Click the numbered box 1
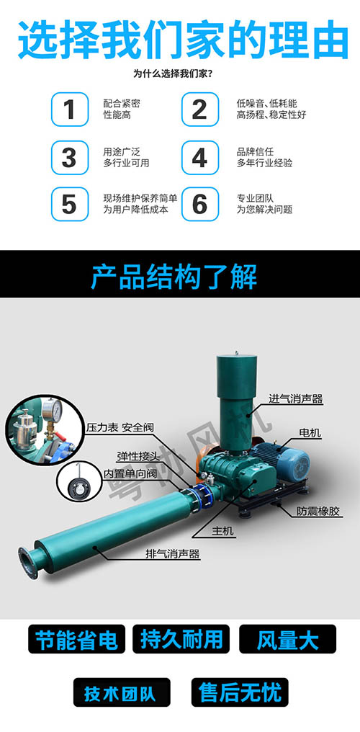(69, 110)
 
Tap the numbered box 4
(199, 157)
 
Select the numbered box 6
(199, 204)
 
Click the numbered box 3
(69, 157)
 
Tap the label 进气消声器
(295, 398)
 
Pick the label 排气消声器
(173, 553)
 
